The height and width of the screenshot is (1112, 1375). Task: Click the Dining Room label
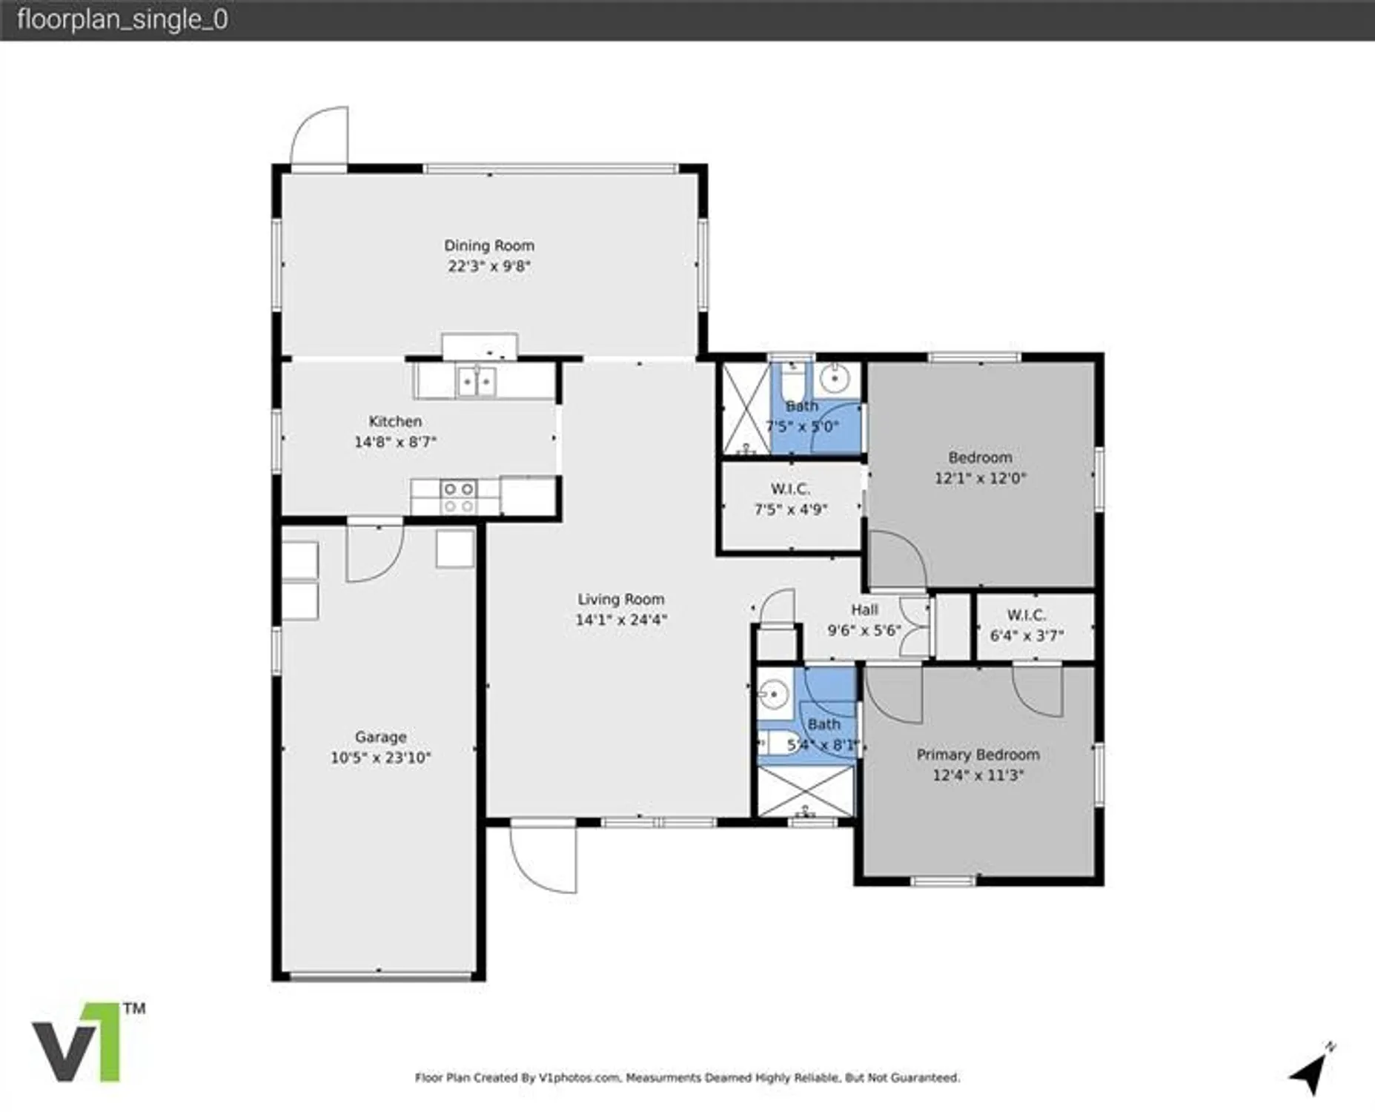(x=488, y=245)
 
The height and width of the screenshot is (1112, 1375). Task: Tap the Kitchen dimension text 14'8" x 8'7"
(x=395, y=443)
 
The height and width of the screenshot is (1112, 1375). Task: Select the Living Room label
(x=620, y=599)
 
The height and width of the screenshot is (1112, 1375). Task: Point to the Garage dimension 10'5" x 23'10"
(x=380, y=758)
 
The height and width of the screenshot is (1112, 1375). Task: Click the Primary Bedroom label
(x=978, y=755)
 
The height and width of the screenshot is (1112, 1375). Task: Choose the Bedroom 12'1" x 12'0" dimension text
(x=980, y=478)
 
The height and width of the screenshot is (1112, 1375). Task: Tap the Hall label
(x=864, y=609)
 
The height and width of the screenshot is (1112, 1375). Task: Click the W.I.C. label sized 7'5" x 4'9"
(x=790, y=489)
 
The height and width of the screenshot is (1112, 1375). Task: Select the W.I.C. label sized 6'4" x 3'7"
(x=1026, y=615)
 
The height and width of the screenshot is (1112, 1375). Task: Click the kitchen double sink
(x=477, y=383)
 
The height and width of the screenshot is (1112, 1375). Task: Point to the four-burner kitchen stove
(x=458, y=497)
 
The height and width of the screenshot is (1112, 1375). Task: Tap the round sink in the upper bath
(x=835, y=380)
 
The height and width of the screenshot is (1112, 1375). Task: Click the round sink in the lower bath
(x=772, y=695)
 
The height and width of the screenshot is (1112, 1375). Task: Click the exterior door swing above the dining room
(x=321, y=137)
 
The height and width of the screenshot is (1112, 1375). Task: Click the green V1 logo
(x=77, y=1042)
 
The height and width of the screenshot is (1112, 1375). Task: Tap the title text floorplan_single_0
(x=122, y=20)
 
